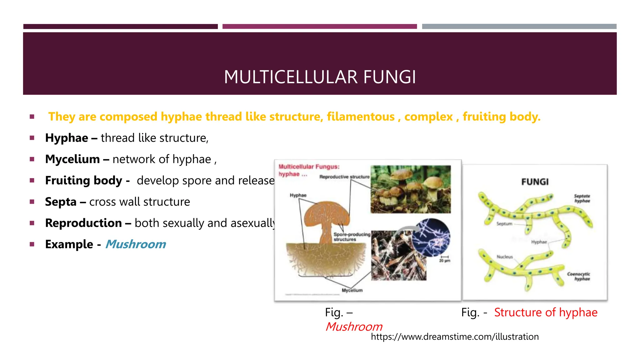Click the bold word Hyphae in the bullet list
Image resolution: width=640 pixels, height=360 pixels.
coord(67,138)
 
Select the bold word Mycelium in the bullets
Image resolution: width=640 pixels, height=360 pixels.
coord(72,159)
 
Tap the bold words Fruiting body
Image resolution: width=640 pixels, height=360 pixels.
coord(84,180)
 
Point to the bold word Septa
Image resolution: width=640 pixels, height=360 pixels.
coord(61,202)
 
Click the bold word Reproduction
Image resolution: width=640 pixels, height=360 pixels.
coord(83,223)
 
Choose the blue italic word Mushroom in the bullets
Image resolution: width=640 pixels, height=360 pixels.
coord(135,244)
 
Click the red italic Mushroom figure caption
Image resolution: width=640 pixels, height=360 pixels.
coord(354,327)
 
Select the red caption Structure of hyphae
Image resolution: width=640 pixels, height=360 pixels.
coord(546,312)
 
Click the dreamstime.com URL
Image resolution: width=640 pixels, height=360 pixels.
coord(455,337)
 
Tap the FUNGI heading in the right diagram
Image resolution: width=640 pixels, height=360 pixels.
coord(535,182)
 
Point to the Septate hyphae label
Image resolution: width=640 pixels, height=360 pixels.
coord(582,198)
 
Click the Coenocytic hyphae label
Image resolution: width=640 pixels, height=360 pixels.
coord(579,276)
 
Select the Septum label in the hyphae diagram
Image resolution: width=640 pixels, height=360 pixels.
coord(504,224)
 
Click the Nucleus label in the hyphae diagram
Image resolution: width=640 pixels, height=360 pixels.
coord(505,257)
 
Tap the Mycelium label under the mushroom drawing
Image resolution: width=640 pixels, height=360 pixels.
coord(352,290)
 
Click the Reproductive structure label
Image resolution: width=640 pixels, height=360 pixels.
coord(344,177)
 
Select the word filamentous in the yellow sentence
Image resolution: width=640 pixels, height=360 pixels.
coord(361,117)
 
